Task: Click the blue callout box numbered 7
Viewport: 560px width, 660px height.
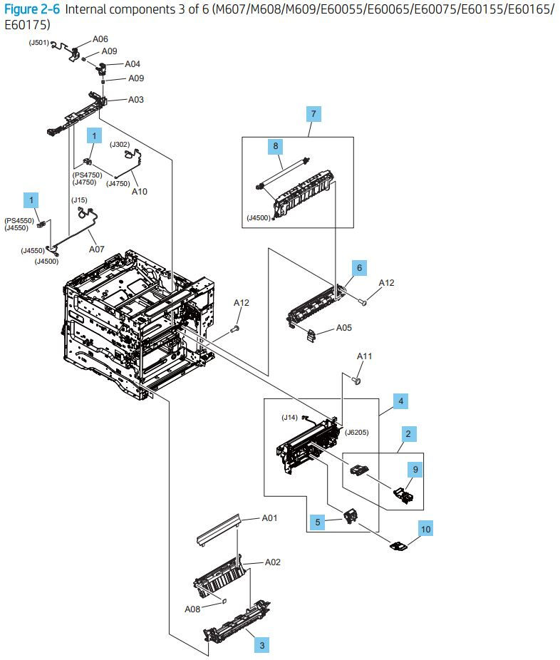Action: (313, 113)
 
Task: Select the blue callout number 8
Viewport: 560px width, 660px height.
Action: (276, 146)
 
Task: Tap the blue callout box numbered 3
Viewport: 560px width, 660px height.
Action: (262, 645)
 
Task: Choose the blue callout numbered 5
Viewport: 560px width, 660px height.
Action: (318, 522)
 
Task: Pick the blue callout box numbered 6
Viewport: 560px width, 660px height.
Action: (359, 268)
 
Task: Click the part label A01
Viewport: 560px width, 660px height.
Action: (269, 518)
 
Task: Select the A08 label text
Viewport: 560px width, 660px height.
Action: (192, 609)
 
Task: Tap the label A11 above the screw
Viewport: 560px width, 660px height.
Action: (364, 356)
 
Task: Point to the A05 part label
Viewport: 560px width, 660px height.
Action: (343, 328)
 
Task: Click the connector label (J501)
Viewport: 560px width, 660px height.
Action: (38, 43)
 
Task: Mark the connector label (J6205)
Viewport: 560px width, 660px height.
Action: (356, 432)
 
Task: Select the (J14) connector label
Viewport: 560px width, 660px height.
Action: (289, 418)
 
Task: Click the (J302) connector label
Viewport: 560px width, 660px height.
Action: (120, 145)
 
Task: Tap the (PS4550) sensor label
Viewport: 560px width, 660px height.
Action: (19, 221)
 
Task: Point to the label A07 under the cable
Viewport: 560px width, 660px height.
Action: (97, 249)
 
